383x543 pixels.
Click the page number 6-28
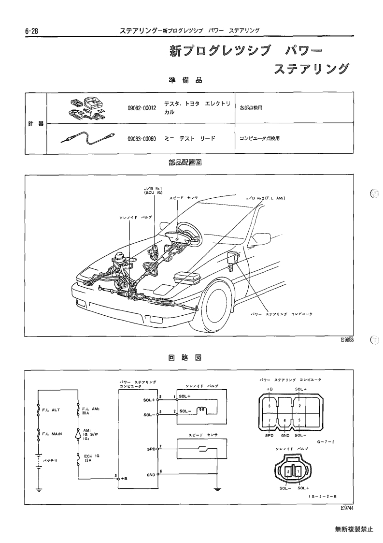point(31,31)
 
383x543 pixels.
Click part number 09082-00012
point(142,108)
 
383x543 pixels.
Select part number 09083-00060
point(142,138)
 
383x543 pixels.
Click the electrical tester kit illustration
point(87,107)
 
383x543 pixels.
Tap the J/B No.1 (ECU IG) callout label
point(153,190)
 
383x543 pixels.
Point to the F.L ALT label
point(51,410)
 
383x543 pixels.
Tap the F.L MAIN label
point(52,434)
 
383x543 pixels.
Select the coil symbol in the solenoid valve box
point(202,411)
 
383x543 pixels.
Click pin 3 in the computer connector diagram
point(269,406)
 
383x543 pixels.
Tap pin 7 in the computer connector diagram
point(269,420)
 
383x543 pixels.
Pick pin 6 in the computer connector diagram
point(284,420)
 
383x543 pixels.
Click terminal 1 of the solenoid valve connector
point(298,472)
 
